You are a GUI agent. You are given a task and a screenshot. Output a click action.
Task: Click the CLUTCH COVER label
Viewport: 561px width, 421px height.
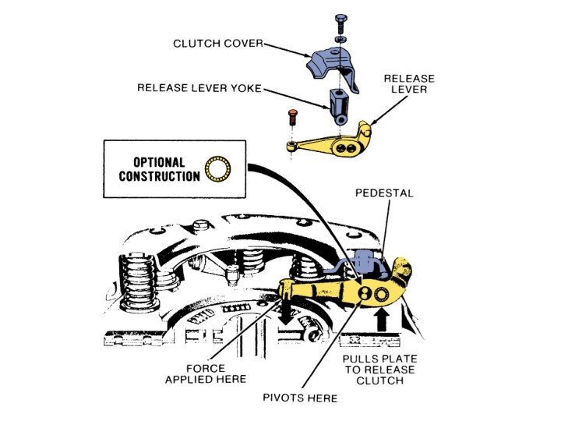pos(217,44)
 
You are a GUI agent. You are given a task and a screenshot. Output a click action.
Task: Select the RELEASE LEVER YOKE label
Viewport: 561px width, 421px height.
pos(199,88)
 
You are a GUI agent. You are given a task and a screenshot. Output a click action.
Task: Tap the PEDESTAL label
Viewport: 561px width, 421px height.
pos(383,192)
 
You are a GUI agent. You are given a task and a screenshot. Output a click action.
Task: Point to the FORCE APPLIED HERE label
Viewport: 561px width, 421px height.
pos(206,373)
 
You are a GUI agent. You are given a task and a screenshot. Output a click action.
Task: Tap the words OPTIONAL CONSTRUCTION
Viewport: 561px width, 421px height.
pos(159,169)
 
